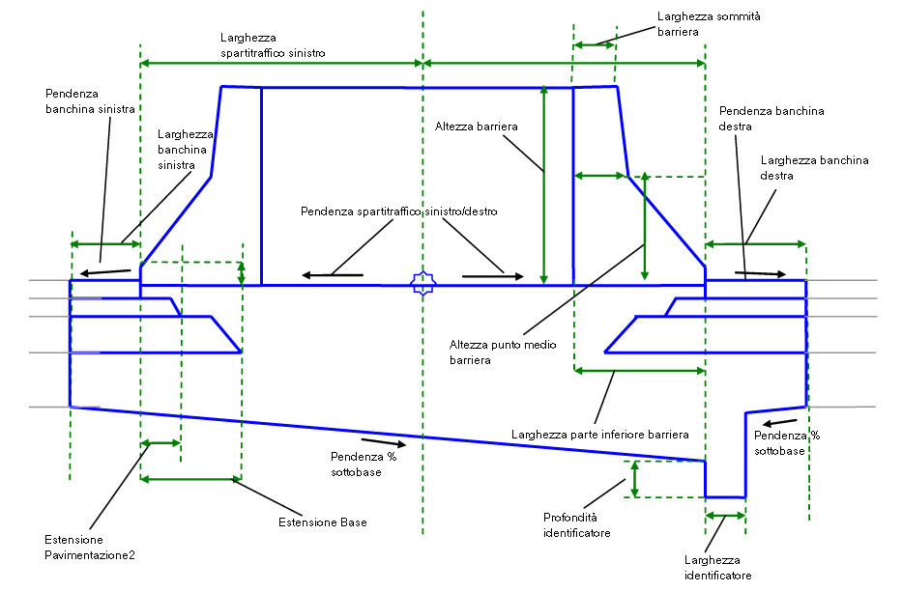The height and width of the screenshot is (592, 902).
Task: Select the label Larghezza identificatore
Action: coord(717,568)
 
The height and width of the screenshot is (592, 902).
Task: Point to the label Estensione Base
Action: coord(323,522)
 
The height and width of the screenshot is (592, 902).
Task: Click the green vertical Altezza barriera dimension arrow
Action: coord(544,183)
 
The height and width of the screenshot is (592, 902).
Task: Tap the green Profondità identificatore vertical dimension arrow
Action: coord(634,479)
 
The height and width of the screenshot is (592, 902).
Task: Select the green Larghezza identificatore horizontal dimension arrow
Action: coord(725,516)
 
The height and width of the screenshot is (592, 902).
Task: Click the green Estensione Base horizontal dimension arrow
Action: coord(190,478)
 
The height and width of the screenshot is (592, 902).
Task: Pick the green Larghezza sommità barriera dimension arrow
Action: coord(594,43)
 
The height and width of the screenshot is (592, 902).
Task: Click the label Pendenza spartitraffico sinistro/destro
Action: coord(399,211)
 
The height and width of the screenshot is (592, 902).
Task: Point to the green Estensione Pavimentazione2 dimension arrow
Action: coord(160,443)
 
